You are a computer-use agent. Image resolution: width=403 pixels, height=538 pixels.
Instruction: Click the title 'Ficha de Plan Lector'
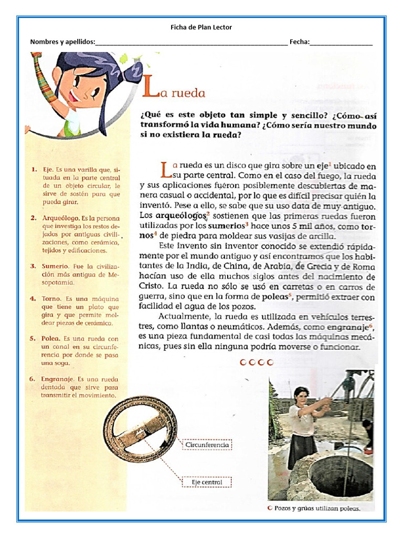[x=201, y=27]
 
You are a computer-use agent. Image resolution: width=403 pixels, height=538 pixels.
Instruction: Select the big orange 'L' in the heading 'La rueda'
[x=150, y=90]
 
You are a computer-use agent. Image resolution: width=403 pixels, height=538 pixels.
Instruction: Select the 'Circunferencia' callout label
[x=207, y=445]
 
